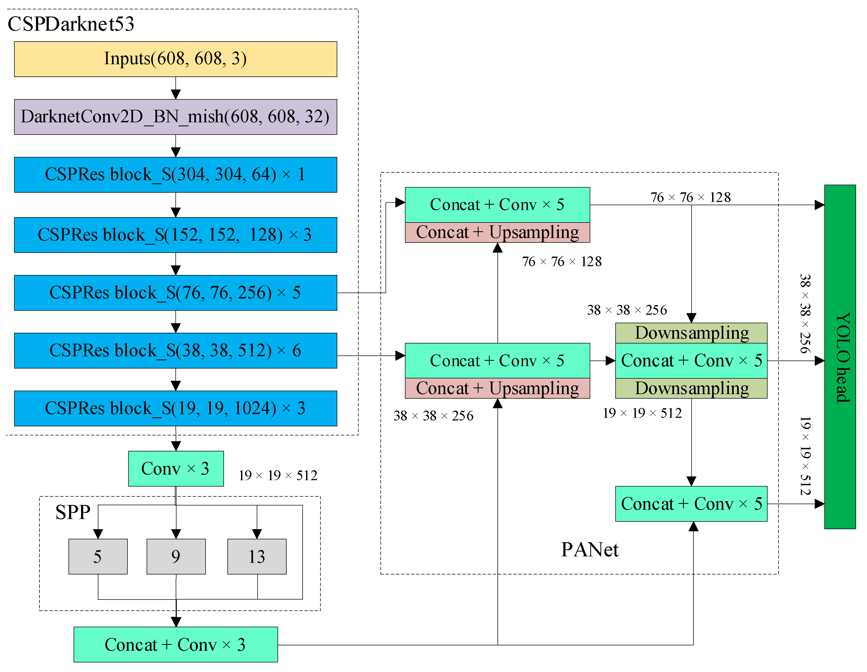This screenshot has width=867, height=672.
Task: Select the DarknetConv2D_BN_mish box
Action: point(175,117)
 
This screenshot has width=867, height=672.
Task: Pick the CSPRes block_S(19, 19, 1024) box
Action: point(175,408)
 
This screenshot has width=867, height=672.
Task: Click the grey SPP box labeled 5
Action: point(98,556)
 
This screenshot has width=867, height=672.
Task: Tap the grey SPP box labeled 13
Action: point(257,556)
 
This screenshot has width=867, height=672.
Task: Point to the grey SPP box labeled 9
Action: point(176,556)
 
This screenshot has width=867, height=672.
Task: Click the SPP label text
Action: point(73,512)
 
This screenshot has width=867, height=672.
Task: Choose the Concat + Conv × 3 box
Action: point(175,645)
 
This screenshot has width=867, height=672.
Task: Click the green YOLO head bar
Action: point(840,357)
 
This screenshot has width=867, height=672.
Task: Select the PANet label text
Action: point(589,550)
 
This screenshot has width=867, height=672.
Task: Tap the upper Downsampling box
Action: point(691,333)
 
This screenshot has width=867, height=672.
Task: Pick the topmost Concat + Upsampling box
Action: point(497,232)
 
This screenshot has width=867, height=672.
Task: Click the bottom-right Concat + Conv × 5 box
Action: point(691,504)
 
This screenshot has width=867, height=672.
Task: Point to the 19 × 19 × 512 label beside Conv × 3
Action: point(278,475)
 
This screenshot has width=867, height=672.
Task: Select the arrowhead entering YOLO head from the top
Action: point(819,205)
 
